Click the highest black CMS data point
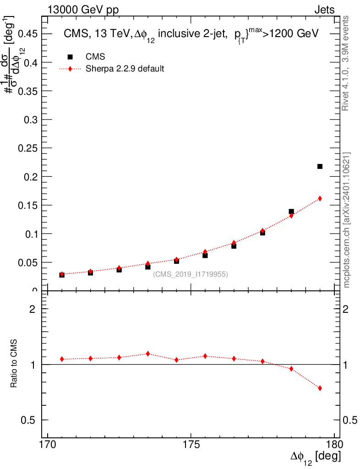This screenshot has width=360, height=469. click(x=320, y=166)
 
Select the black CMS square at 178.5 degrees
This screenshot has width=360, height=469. click(x=291, y=212)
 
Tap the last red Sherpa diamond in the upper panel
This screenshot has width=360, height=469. click(x=320, y=198)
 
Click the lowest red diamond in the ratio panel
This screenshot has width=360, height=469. click(x=320, y=388)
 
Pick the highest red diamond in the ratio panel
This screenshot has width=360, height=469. click(x=148, y=354)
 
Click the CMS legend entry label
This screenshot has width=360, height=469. click(x=95, y=57)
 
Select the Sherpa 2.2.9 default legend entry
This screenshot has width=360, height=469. click(x=125, y=69)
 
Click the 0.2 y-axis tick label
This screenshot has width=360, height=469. click(x=31, y=176)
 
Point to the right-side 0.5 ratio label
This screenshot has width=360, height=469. click(x=350, y=420)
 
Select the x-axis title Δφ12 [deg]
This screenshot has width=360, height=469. click(x=315, y=458)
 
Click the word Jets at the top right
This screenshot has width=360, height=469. click(x=324, y=10)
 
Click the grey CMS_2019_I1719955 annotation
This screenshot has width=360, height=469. click(x=190, y=274)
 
